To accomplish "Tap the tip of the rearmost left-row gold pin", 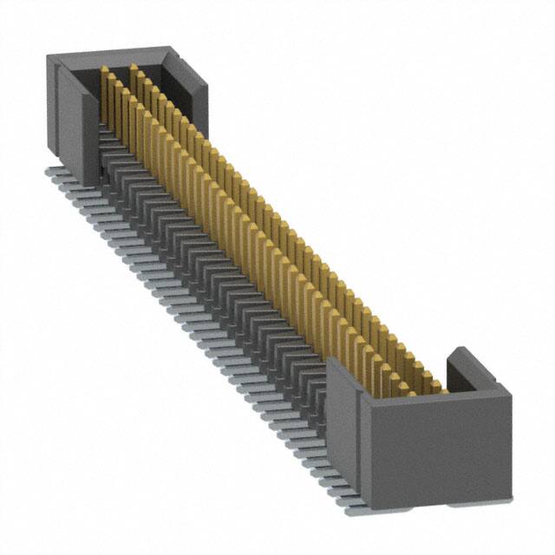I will [x=104, y=69].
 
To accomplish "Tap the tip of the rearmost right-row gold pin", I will [x=134, y=66].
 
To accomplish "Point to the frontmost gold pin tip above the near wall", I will [x=442, y=390].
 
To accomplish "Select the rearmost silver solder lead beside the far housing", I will [x=54, y=173].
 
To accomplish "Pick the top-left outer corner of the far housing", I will [x=48, y=57].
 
